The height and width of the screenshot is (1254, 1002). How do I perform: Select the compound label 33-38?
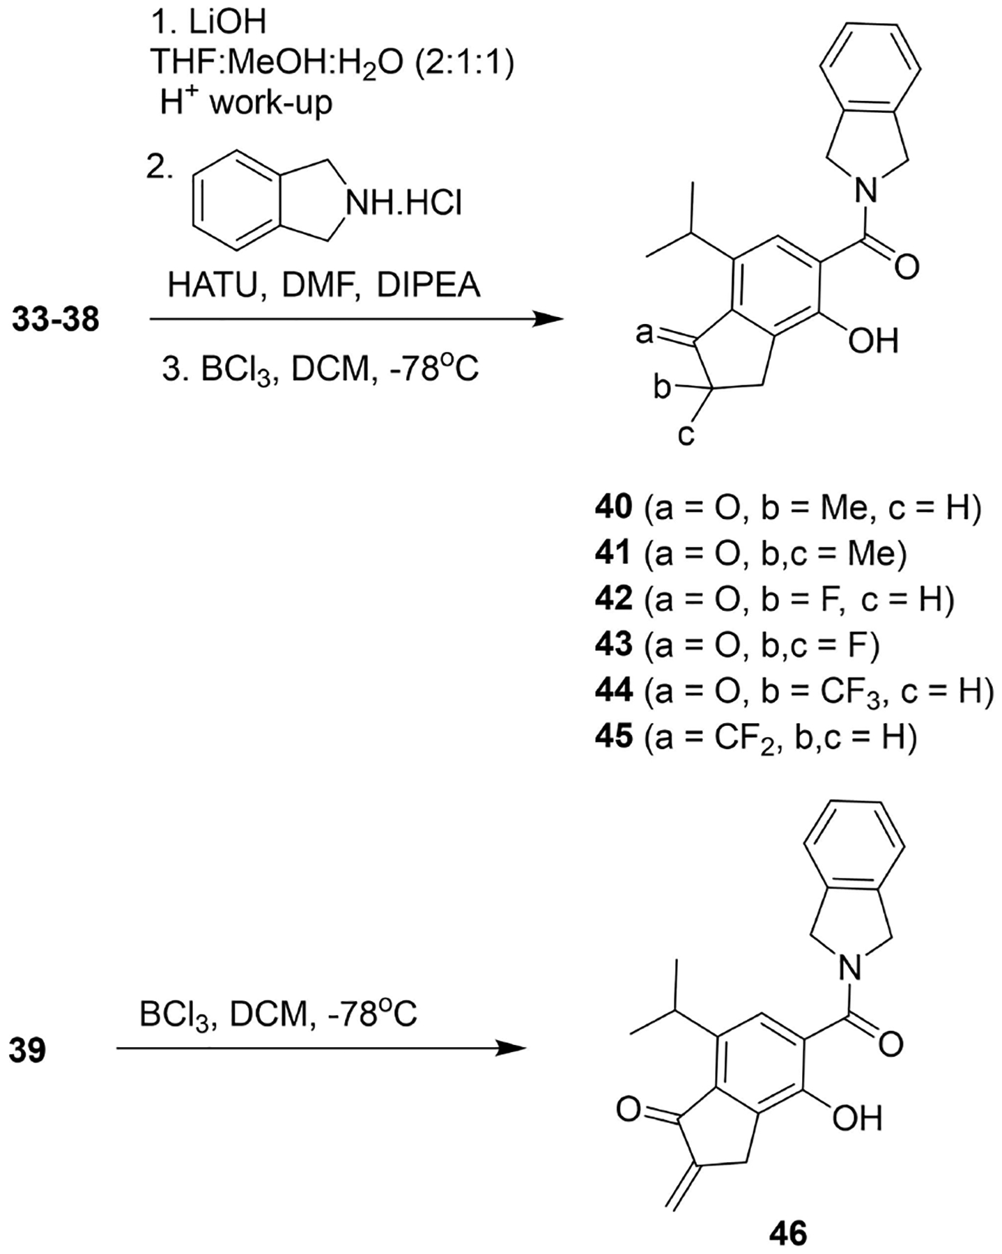(56, 320)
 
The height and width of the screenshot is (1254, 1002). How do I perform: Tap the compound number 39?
(28, 1050)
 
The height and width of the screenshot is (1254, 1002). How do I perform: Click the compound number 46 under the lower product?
(788, 1233)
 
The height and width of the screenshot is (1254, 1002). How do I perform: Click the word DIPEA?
(429, 285)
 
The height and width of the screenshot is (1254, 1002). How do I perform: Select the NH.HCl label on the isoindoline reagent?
(404, 203)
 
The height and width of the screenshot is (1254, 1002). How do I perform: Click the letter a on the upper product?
(645, 334)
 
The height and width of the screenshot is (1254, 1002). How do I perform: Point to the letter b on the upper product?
(662, 387)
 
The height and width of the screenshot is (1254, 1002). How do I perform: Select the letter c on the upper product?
(686, 435)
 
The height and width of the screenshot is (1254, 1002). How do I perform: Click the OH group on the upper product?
(874, 341)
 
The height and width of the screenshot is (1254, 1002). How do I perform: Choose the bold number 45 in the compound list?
(613, 736)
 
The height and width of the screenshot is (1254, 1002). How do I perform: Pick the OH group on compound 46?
(857, 1118)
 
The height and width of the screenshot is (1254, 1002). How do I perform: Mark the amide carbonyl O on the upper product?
(906, 266)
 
